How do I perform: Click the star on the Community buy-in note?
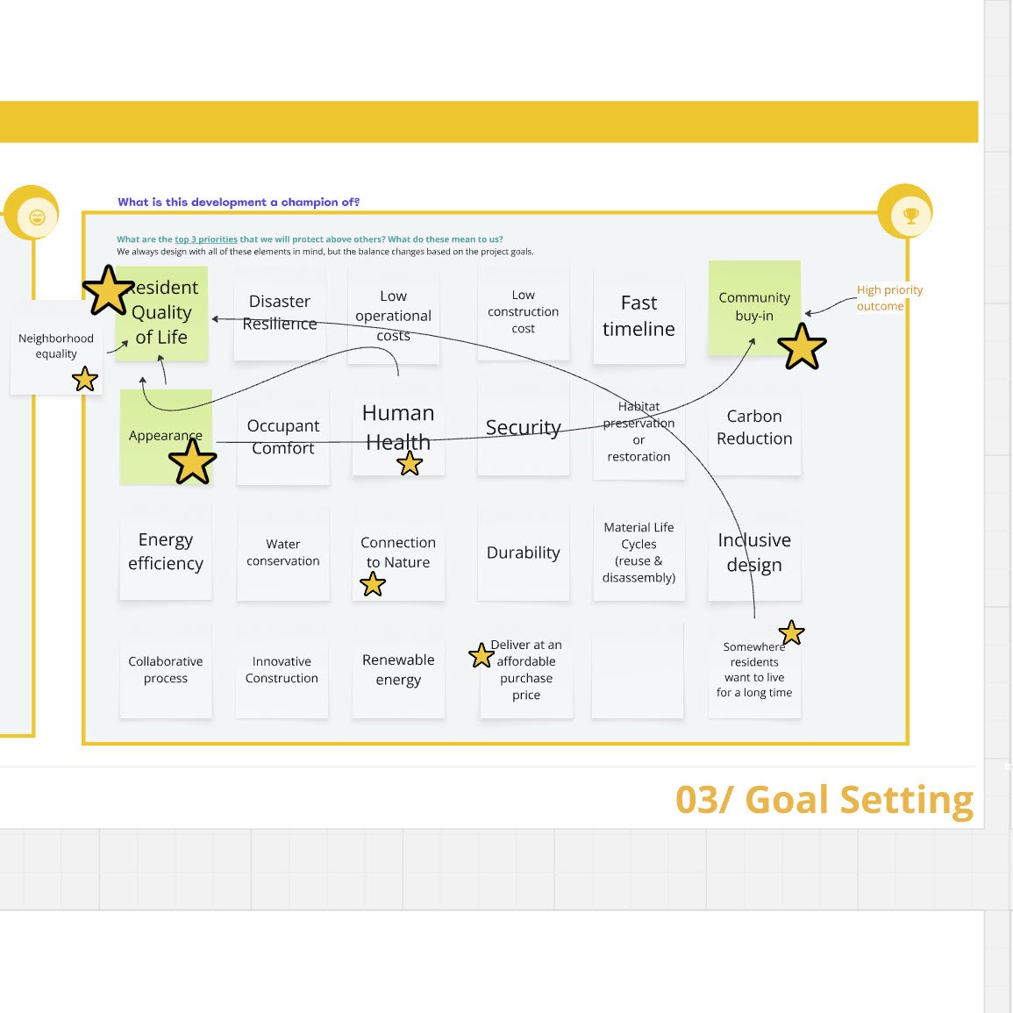click(x=802, y=346)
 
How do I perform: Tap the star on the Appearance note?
click(x=192, y=461)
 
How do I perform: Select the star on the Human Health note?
click(x=410, y=463)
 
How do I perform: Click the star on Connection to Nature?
click(x=373, y=584)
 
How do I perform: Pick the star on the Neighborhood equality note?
click(x=85, y=379)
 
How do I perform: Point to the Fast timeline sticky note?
click(x=638, y=317)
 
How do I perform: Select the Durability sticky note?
click(x=523, y=553)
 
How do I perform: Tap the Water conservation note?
click(x=282, y=553)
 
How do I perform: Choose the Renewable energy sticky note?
click(x=398, y=670)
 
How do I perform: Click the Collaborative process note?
click(x=166, y=670)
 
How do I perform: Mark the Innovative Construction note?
click(x=282, y=670)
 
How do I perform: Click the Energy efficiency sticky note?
click(x=166, y=552)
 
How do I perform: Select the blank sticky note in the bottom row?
click(x=638, y=670)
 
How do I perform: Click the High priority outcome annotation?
click(x=888, y=297)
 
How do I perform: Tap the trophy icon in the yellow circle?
click(x=910, y=216)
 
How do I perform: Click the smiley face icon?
click(x=38, y=218)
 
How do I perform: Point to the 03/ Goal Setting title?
click(x=824, y=800)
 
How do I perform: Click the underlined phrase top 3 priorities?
click(x=206, y=239)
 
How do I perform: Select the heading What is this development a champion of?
click(x=239, y=202)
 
